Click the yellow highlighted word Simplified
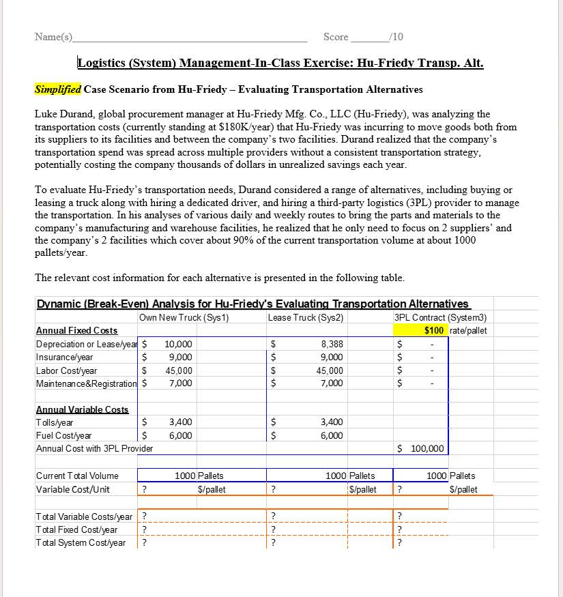58,89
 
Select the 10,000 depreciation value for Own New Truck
179,345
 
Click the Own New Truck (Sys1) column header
183,317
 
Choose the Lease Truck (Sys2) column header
305,317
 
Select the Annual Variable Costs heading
81,409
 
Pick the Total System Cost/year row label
80,542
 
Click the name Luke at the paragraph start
46,114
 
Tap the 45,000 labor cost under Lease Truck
331,370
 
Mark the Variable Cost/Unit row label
72,489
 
